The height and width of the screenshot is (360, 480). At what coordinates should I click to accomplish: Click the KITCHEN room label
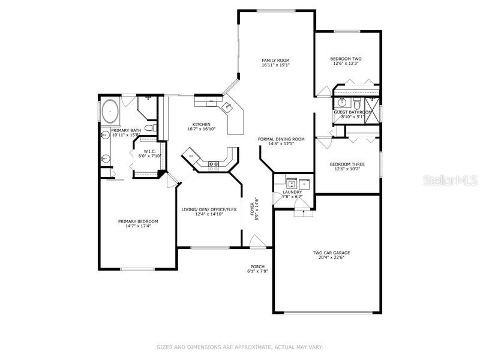[x=201, y=124]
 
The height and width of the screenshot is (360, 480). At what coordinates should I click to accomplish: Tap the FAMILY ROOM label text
[x=275, y=61]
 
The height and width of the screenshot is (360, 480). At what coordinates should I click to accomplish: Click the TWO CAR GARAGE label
[x=331, y=253]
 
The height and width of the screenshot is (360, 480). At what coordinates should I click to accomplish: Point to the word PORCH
[x=257, y=266]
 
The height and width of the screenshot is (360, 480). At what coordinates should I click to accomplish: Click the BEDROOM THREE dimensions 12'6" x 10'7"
[x=347, y=169]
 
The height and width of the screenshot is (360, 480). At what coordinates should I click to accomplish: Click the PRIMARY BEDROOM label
[x=138, y=221]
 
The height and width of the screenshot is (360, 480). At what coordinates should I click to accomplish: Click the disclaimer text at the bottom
[x=240, y=347]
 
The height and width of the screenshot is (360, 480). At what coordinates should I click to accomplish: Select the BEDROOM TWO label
[x=346, y=59]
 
